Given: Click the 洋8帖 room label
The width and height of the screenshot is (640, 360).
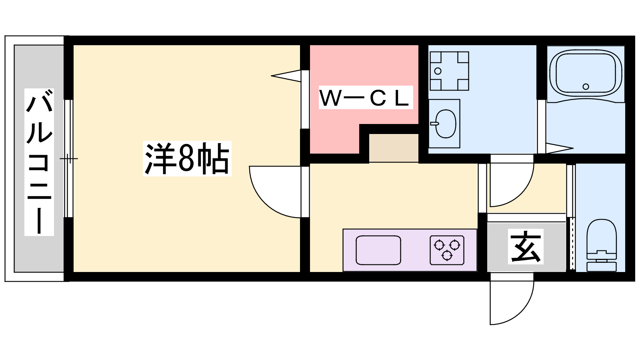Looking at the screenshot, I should [187, 158].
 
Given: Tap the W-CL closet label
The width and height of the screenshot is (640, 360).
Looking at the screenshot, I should [365, 98].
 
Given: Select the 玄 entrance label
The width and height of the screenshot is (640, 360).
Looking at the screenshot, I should [525, 246].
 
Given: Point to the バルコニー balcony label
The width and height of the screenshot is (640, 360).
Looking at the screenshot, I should [39, 162].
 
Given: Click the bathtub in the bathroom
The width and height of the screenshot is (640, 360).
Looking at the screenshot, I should [586, 74].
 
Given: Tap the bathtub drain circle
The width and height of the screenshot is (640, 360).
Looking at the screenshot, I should [586, 86].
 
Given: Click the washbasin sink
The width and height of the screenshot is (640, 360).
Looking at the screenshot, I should [446, 124].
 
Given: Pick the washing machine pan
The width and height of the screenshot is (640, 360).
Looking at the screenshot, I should [449, 71].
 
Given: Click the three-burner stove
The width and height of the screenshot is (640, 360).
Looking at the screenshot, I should [447, 250].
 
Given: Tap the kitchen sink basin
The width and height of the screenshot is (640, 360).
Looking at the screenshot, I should [378, 250].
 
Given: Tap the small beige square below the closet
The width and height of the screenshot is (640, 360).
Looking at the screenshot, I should [393, 148].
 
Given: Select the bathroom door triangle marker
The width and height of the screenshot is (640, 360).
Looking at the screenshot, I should [558, 148].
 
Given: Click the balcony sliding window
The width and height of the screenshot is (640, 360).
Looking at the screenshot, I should [69, 158].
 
